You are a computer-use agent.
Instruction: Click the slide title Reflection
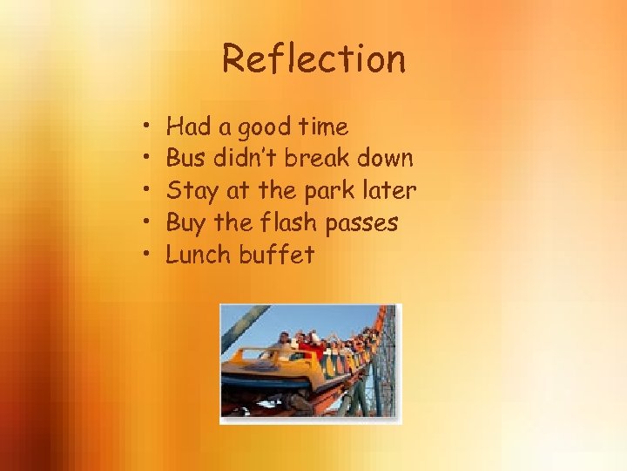pyautogui.click(x=313, y=59)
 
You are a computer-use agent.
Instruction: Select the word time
pyautogui.click(x=324, y=127)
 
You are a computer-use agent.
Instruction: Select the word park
pyautogui.click(x=324, y=191)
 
